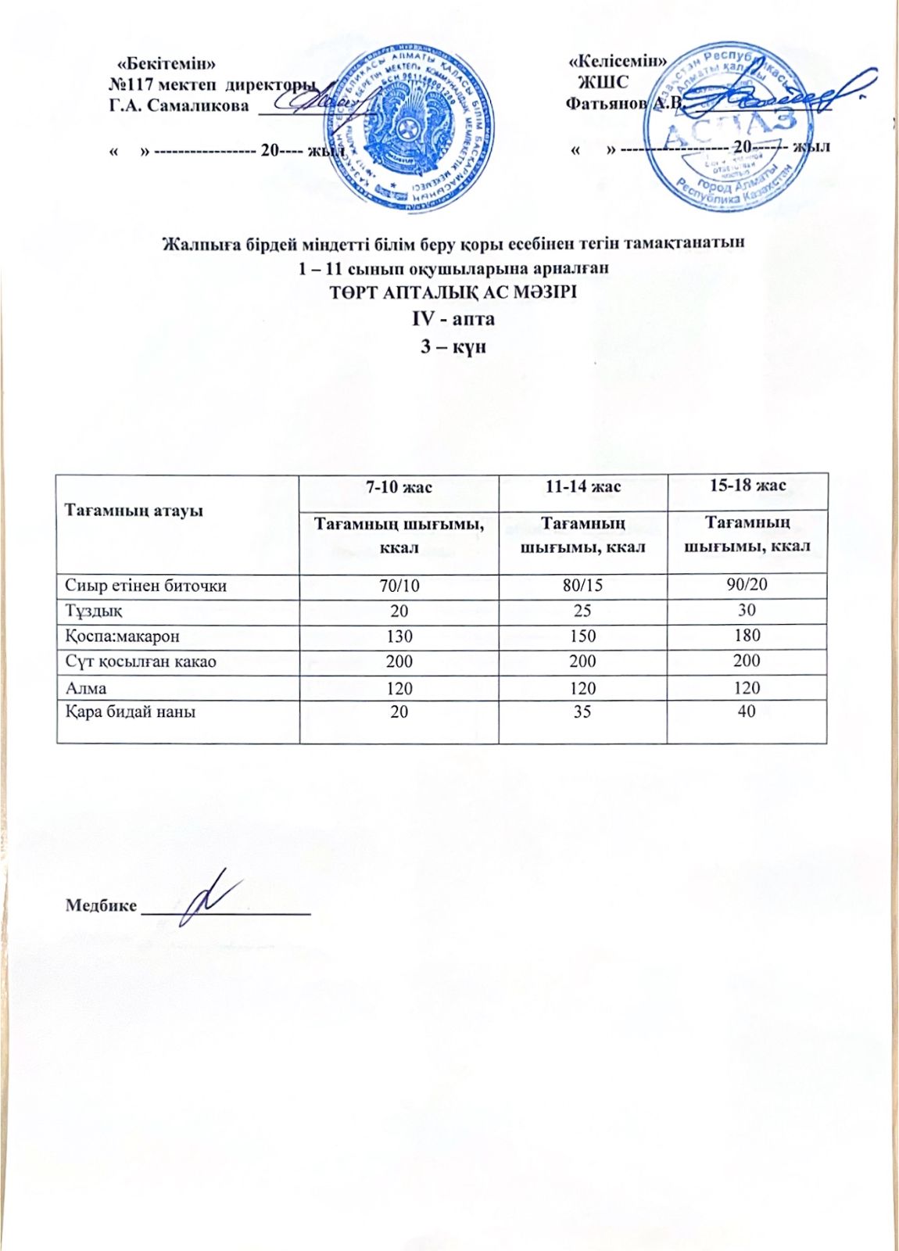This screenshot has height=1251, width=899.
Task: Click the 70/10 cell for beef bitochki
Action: [x=399, y=585]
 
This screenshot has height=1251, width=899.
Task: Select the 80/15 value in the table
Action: [x=582, y=585]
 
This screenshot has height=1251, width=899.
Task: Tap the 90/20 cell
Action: [x=747, y=584]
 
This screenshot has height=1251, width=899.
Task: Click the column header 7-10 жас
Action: [x=399, y=487]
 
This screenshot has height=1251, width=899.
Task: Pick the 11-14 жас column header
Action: [x=582, y=486]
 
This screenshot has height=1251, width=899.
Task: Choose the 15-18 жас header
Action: [x=747, y=486]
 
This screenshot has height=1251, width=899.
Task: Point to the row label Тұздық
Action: [x=94, y=611]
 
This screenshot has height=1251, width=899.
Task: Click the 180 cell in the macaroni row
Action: [x=747, y=635]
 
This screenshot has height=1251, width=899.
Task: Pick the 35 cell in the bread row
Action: [x=582, y=712]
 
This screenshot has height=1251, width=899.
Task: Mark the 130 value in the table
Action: [x=399, y=636]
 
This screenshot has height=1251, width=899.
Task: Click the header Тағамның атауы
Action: [x=134, y=510]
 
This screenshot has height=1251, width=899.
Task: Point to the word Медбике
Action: [x=101, y=905]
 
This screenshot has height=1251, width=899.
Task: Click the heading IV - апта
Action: [x=453, y=319]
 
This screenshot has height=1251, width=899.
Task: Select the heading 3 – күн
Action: [x=453, y=346]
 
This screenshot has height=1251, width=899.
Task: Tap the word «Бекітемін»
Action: [x=166, y=61]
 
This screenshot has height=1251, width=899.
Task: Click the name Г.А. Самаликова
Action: [x=178, y=106]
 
